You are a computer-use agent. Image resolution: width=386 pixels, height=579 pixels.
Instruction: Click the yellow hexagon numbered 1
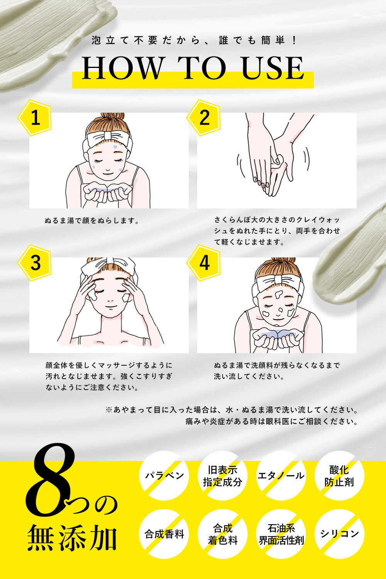35,118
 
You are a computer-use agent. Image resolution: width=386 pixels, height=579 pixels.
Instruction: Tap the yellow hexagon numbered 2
204,118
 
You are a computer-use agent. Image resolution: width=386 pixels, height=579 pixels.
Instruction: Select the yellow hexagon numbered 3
35,263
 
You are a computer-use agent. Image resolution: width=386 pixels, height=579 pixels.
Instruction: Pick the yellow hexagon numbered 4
204,263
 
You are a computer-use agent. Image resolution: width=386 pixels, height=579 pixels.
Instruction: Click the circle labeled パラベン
164,476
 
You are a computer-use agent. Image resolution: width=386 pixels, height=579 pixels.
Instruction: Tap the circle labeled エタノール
281,476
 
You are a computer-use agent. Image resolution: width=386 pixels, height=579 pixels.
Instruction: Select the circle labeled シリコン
339,534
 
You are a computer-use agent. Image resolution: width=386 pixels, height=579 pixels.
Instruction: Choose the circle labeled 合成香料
164,534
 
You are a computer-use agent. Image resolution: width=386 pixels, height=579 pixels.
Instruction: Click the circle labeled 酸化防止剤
339,476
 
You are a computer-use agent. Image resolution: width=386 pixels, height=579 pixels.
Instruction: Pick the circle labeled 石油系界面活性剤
281,534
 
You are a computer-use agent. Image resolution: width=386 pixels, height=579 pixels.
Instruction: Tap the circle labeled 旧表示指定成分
223,476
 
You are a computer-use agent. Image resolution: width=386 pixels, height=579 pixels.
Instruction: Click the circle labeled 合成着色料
223,534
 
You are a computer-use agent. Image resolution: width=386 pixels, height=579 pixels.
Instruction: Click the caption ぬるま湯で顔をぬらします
92,221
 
